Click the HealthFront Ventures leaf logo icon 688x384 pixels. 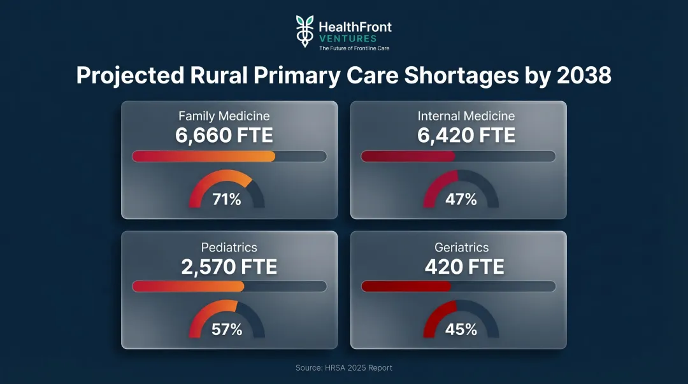tap(305, 31)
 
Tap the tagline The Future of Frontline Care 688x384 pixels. tap(354, 48)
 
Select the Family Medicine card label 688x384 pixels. tap(224, 116)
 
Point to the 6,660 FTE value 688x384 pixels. tap(224, 136)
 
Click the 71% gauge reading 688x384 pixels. tap(227, 199)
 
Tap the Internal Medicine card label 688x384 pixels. tap(466, 116)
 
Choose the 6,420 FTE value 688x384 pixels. tap(466, 136)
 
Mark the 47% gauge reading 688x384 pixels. tap(461, 199)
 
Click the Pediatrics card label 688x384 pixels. tap(229, 247)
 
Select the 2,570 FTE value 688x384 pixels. tap(229, 267)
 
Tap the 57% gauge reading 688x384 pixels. tap(227, 330)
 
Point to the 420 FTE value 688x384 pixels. tap(464, 267)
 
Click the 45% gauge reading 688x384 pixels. tap(461, 330)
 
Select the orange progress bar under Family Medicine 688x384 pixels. tap(204, 157)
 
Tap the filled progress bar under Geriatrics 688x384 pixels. tap(406, 287)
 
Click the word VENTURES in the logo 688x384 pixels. tap(348, 39)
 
